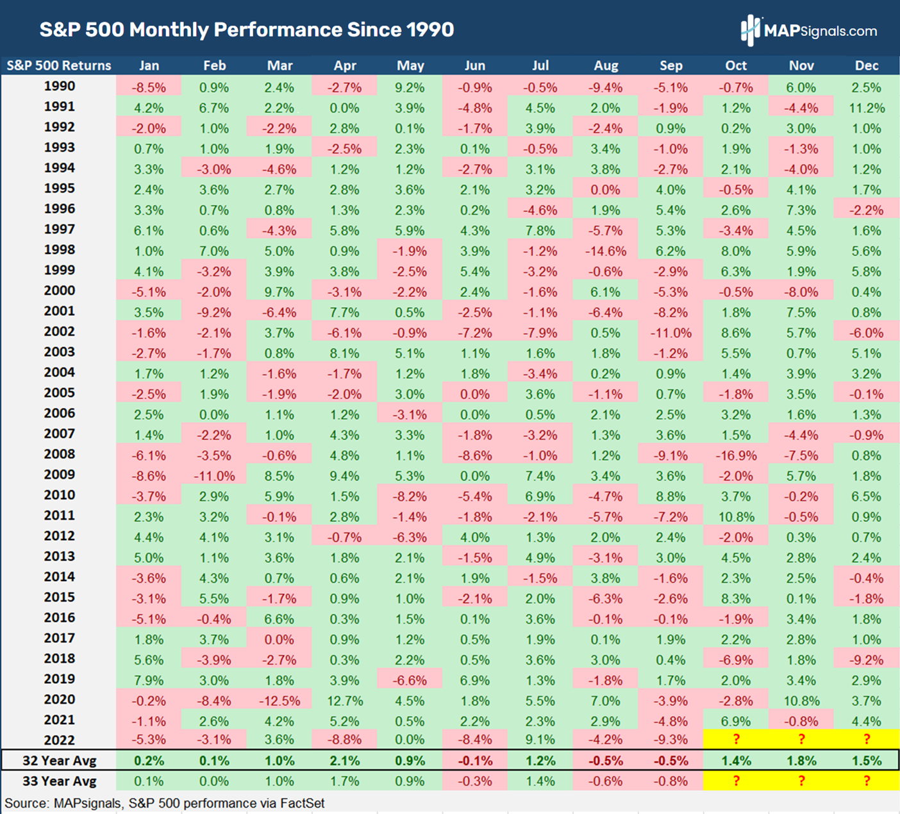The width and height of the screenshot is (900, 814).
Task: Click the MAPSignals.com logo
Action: pos(809,30)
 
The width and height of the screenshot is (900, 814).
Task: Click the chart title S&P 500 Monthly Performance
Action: pos(247,30)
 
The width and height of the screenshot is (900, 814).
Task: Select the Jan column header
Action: pos(149,65)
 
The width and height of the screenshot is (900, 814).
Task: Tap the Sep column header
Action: pos(671,65)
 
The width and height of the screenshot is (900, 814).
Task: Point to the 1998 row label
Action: pos(59,250)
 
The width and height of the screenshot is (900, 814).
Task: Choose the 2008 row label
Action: pos(59,454)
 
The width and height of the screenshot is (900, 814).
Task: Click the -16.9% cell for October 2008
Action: pos(736,455)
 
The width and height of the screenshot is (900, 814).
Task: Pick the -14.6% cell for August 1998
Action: pos(606,251)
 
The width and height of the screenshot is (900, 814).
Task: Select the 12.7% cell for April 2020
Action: pos(344,701)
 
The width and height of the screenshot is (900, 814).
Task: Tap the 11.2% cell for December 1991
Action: pos(867,108)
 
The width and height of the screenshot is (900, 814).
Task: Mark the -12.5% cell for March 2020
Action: pos(279,701)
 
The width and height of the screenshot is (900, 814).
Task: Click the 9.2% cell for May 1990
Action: pos(410,87)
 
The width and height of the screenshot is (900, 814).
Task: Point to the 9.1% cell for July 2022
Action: pos(540,740)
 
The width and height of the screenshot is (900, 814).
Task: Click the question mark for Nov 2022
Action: pos(801,740)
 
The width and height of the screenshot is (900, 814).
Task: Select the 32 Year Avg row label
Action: pos(59,761)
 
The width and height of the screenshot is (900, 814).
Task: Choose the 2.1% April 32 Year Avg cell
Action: pos(344,761)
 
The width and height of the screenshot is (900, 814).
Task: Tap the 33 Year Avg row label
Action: pos(59,781)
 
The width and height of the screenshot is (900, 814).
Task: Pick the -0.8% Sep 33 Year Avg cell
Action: pos(671,781)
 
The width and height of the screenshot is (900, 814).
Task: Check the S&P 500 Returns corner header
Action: pos(59,65)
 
